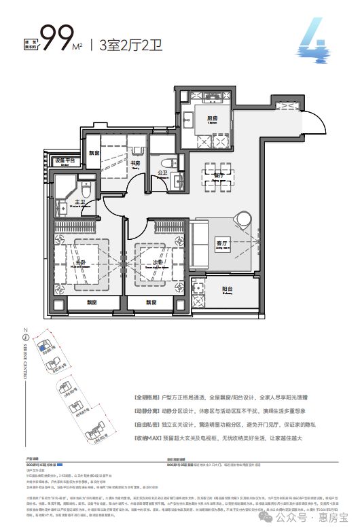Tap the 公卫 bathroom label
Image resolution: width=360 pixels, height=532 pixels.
point(162,174)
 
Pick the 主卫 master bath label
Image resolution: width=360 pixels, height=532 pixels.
point(80,202)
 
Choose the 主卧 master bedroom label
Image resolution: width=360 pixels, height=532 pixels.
point(80,264)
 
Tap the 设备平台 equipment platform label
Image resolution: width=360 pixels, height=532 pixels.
point(66,160)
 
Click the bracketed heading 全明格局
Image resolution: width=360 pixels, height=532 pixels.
point(209,395)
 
